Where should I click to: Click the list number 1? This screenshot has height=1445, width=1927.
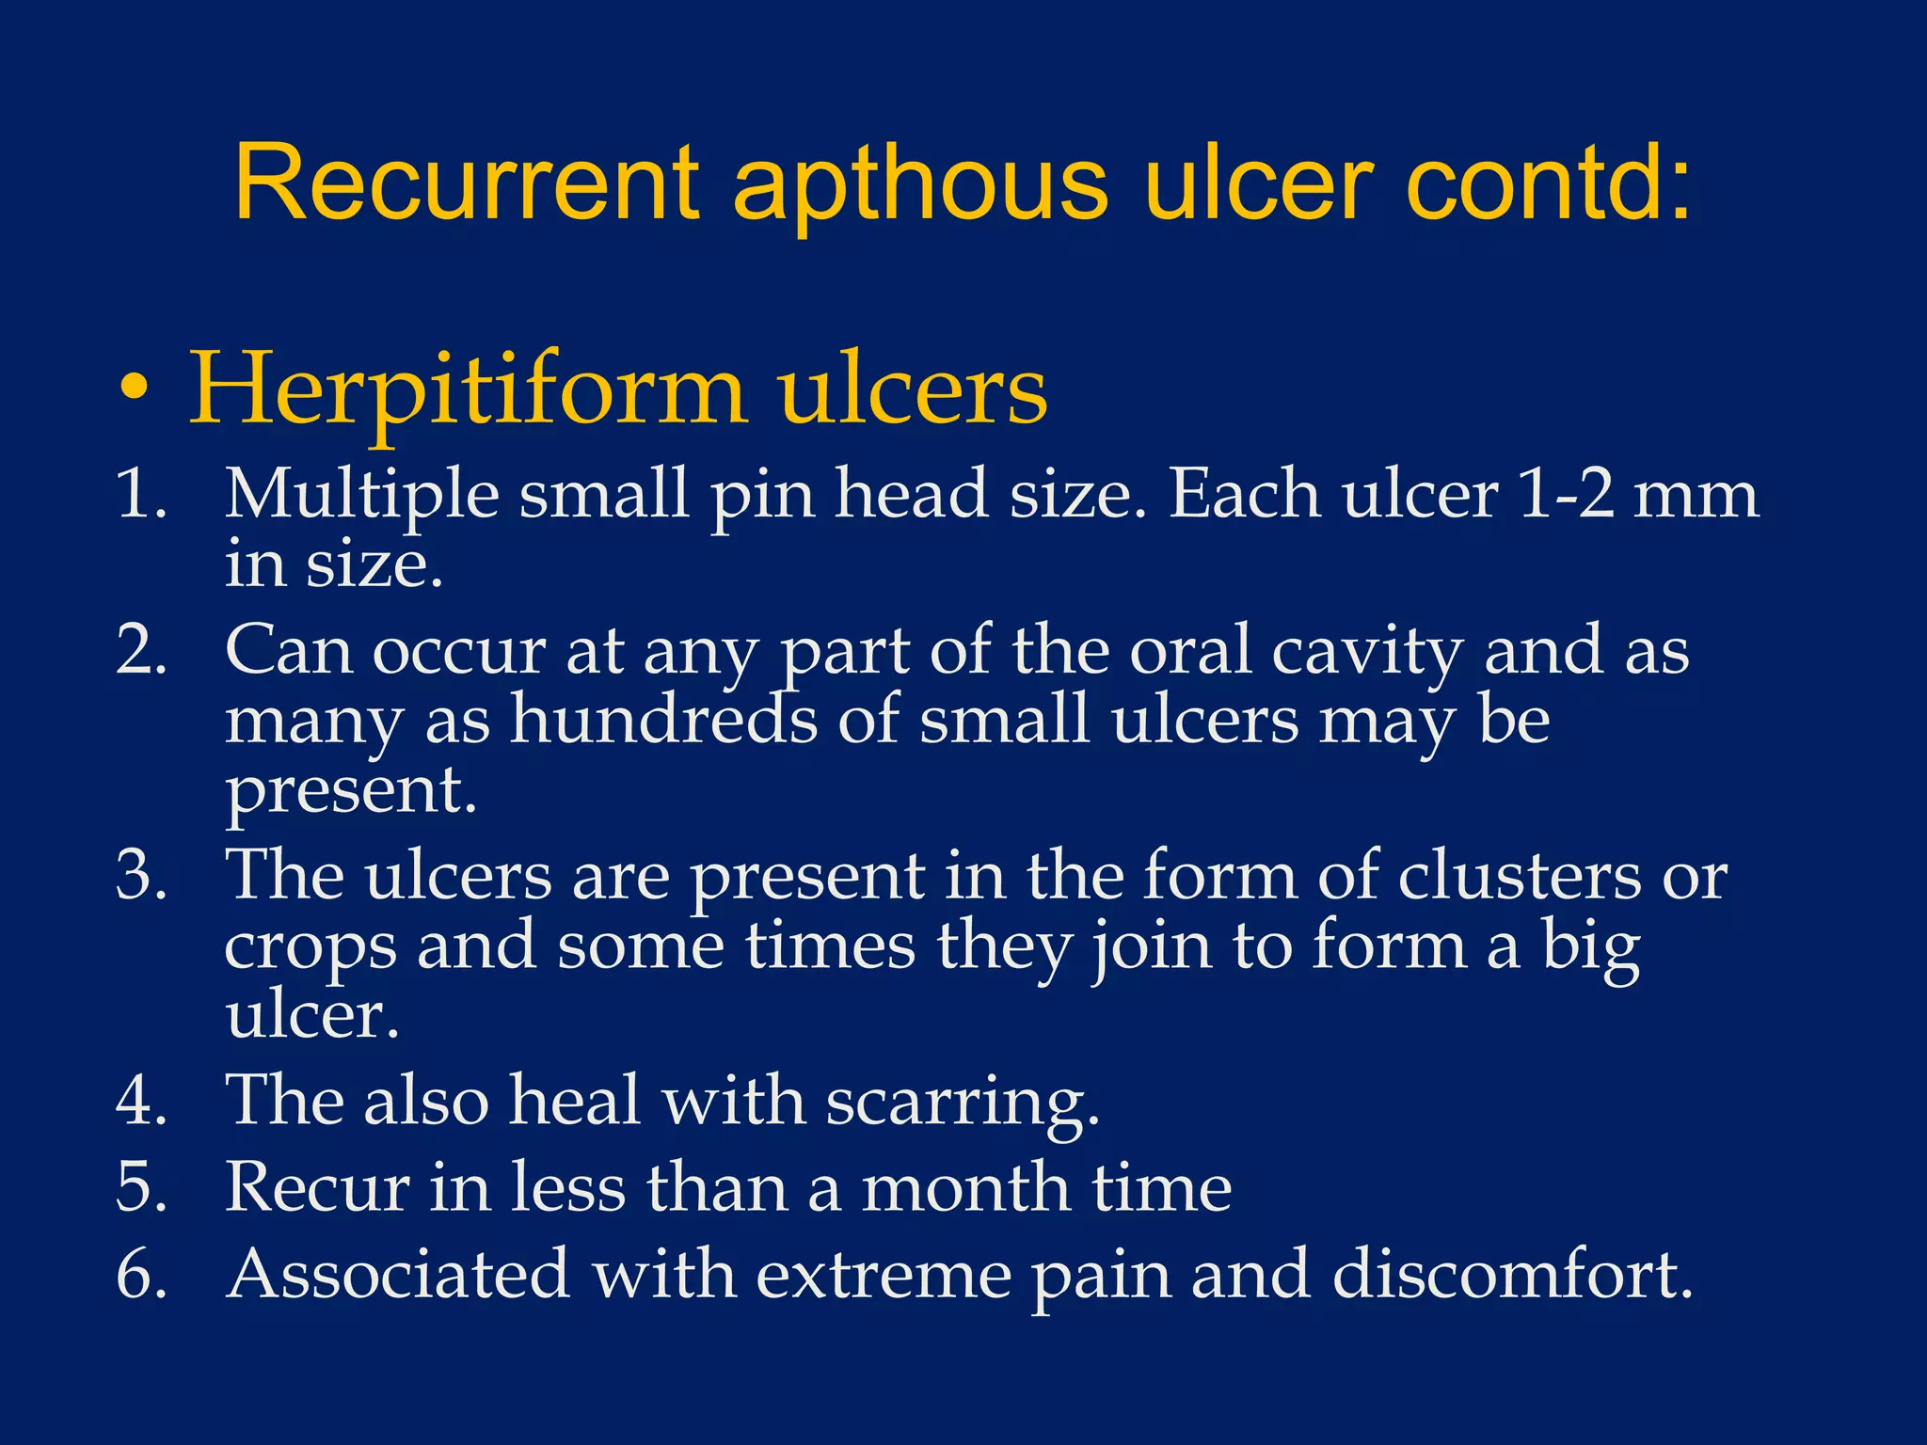coord(141,494)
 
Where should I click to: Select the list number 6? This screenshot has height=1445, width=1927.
coord(141,1275)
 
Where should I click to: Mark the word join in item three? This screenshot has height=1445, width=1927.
coord(1150,948)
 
